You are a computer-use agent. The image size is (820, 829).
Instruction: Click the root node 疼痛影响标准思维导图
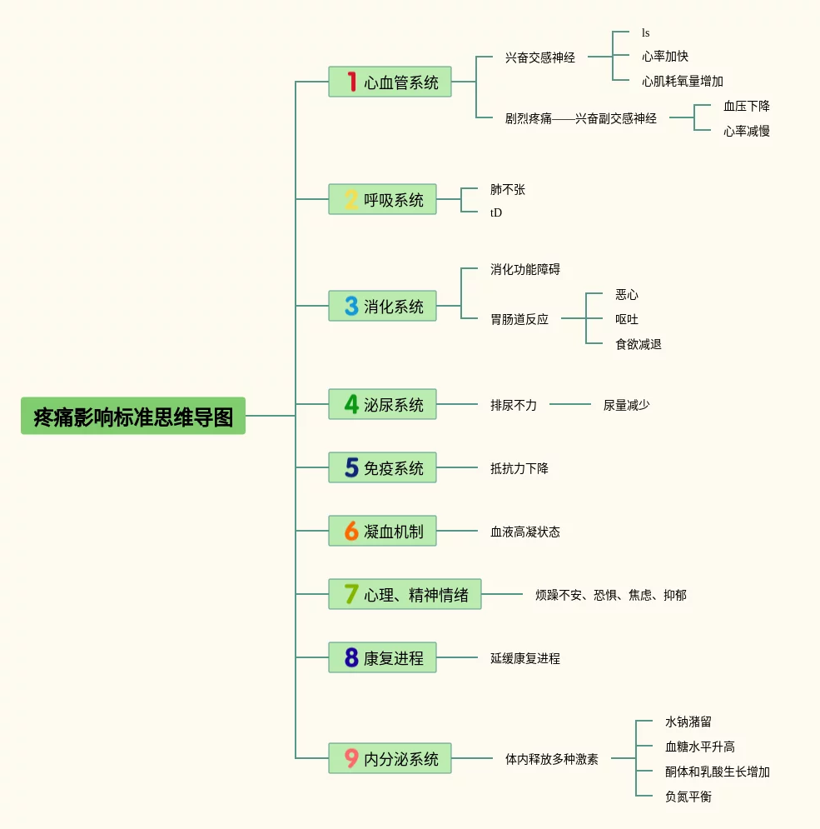[133, 416]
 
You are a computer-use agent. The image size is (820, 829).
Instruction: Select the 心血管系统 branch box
[390, 82]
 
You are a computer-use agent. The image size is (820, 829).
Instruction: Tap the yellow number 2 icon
[351, 199]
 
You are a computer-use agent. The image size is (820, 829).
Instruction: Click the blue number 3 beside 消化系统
[351, 306]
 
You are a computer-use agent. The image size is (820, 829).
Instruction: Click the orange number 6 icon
[351, 531]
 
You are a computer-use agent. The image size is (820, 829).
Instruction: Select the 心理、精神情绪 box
[405, 594]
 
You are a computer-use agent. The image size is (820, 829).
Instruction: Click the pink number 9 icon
[351, 758]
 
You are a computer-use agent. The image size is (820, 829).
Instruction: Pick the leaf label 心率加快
[664, 57]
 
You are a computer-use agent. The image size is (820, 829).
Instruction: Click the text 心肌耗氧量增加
[682, 82]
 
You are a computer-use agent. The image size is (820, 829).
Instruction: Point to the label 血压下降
[746, 106]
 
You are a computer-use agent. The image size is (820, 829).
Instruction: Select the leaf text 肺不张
[507, 190]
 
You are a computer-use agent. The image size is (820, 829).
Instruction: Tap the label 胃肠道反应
[519, 319]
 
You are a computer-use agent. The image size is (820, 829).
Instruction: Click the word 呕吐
[626, 319]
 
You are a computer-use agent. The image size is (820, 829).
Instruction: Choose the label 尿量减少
[626, 405]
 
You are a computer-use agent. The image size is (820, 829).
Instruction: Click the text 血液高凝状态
[524, 532]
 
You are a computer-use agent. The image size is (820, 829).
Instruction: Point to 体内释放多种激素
[551, 759]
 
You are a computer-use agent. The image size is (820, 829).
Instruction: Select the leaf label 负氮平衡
[688, 797]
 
